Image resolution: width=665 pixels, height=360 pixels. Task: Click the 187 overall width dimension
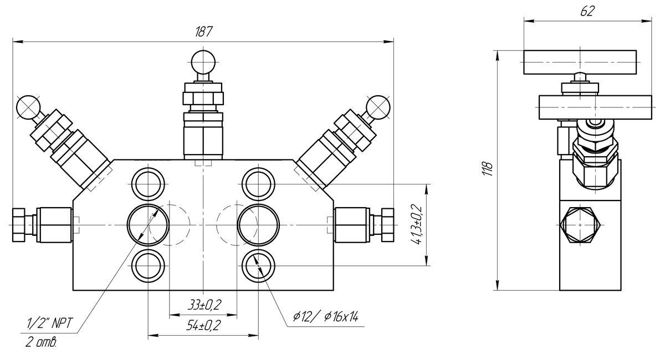coord(203,32)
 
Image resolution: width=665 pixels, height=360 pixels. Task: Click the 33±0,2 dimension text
coord(203,305)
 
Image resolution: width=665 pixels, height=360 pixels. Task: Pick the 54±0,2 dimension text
coord(203,326)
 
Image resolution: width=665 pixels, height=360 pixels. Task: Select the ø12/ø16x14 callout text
coord(326,317)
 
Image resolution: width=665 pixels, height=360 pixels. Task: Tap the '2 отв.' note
coord(41,343)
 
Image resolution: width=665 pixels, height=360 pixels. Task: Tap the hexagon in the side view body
coord(580,224)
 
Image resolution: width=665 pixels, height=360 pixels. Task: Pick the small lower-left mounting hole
coord(148,266)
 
